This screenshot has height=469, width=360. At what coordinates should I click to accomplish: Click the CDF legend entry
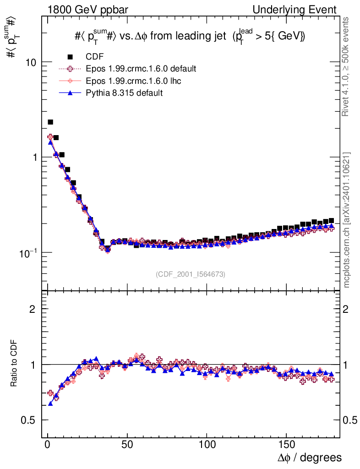[94, 57]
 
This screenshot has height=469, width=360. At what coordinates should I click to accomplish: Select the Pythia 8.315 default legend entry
[124, 93]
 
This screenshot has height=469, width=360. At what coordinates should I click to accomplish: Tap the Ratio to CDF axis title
[14, 364]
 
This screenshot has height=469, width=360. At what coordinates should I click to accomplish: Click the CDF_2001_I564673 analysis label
[190, 274]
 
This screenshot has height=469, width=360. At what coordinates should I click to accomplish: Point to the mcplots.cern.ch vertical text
[347, 220]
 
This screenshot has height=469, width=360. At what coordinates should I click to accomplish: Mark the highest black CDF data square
[50, 122]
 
